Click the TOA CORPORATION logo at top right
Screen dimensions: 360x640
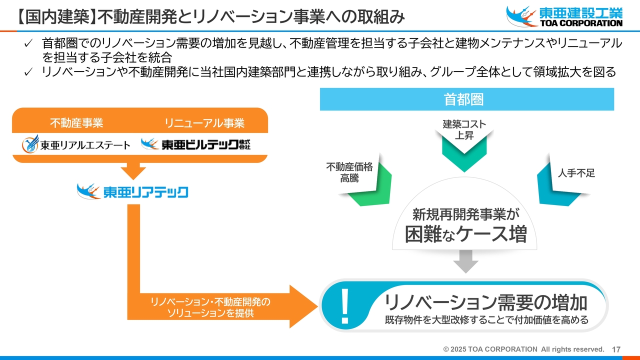pyautogui.click(x=564, y=16)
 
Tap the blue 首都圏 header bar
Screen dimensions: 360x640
pyautogui.click(x=466, y=99)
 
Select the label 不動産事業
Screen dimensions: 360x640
pyautogui.click(x=76, y=123)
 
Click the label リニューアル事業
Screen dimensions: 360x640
pyautogui.click(x=204, y=123)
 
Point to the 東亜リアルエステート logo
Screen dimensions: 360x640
pyautogui.click(x=76, y=145)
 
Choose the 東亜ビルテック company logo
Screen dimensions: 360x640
pyautogui.click(x=195, y=144)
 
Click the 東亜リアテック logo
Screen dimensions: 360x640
pyautogui.click(x=132, y=191)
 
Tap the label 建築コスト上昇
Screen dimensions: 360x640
pyautogui.click(x=464, y=129)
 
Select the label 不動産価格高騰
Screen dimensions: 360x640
pyautogui.click(x=349, y=172)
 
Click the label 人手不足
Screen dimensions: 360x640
pyautogui.click(x=576, y=173)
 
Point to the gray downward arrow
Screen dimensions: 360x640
pyautogui.click(x=465, y=260)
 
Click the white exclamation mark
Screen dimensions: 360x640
pyautogui.click(x=344, y=306)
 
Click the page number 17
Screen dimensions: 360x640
pyautogui.click(x=616, y=349)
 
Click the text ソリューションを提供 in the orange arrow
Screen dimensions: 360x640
pyautogui.click(x=210, y=313)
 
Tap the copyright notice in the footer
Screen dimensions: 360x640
pyautogui.click(x=523, y=349)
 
